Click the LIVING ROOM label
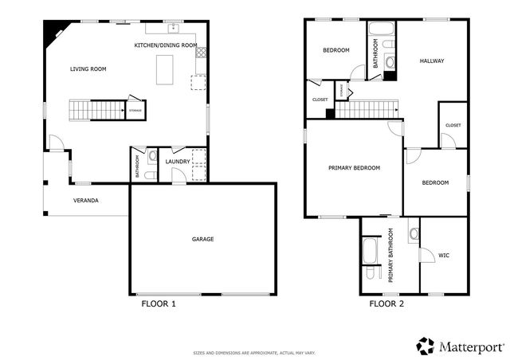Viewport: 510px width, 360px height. coord(88,69)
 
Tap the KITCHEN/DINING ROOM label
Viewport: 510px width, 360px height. coord(165,45)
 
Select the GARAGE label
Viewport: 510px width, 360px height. coord(202,239)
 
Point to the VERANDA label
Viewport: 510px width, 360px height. coord(85,200)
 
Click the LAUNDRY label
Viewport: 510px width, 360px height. coord(178,162)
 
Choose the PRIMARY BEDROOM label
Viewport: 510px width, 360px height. coord(354,168)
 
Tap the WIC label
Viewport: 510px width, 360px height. coord(444,255)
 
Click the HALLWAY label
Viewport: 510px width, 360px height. coord(431,61)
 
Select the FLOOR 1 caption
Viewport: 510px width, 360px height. coord(158,303)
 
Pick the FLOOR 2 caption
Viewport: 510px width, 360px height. coord(386,303)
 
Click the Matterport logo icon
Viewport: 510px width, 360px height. coord(426,346)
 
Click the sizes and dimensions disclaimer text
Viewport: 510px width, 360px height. coord(255,352)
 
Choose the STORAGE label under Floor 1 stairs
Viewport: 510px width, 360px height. coord(135,109)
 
